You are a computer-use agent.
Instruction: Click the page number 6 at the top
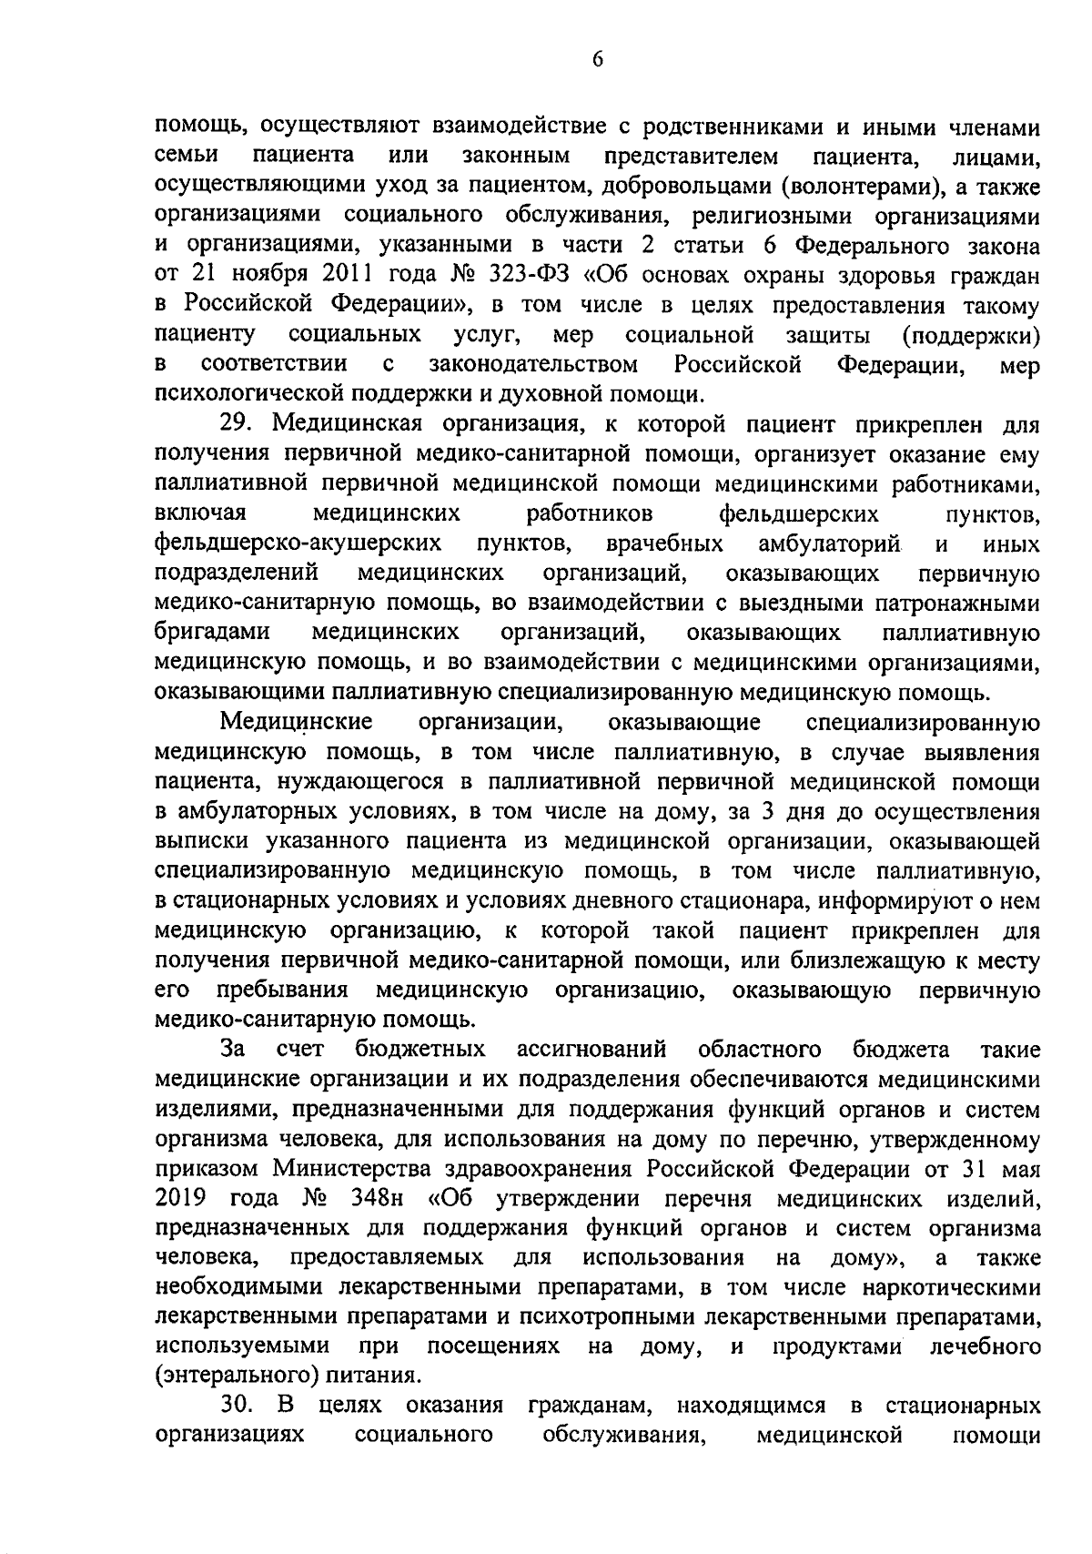coord(597,59)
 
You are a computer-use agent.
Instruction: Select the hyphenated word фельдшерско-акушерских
coord(299,543)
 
